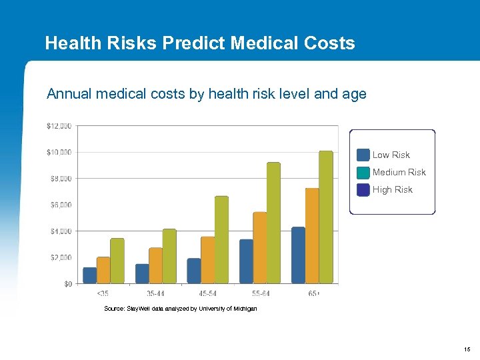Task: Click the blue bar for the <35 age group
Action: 89,275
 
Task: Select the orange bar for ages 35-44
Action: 155,265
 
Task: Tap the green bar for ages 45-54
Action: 221,240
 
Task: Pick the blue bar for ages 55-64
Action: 246,261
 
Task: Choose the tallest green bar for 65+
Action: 325,217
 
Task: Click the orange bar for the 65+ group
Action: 312,236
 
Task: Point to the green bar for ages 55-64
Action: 273,223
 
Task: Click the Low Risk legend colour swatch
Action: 363,155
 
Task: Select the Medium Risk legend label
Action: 399,172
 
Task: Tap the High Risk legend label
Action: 392,189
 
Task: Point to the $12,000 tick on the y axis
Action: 59,126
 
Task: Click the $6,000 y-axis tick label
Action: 60,205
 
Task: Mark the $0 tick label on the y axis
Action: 68,284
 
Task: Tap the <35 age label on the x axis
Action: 103,293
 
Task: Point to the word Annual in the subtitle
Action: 69,94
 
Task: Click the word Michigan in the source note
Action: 244,309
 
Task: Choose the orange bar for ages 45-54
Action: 207,260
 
